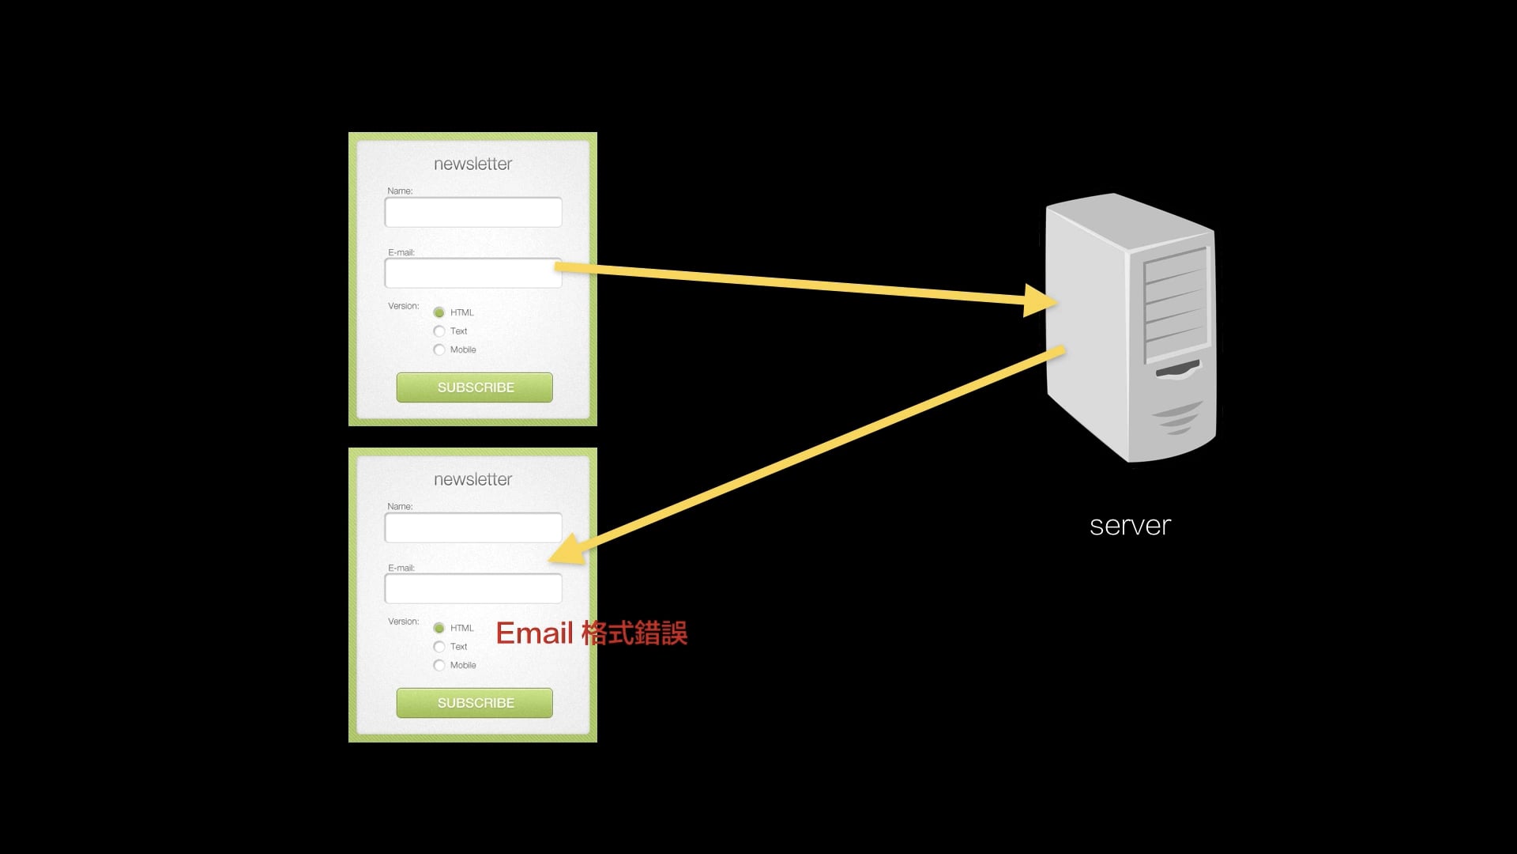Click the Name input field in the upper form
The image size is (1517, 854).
tap(472, 212)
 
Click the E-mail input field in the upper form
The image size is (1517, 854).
tap(472, 274)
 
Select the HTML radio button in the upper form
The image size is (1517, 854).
tap(439, 312)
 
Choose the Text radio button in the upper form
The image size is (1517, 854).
tap(439, 331)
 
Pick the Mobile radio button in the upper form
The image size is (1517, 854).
tap(439, 350)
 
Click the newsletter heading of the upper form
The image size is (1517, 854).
tap(472, 164)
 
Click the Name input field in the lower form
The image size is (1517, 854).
tap(472, 527)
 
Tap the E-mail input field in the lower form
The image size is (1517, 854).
tap(472, 589)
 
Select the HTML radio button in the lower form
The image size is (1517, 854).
tap(439, 628)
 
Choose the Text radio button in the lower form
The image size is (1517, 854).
tap(439, 647)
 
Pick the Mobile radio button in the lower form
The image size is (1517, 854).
tap(439, 665)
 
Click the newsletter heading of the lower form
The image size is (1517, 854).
tap(472, 479)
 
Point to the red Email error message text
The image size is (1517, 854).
tap(591, 633)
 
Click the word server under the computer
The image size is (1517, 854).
tap(1130, 526)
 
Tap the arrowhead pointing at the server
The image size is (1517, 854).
tap(1041, 300)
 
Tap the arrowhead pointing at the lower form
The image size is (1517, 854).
tap(567, 550)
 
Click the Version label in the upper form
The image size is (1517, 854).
tap(403, 306)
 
